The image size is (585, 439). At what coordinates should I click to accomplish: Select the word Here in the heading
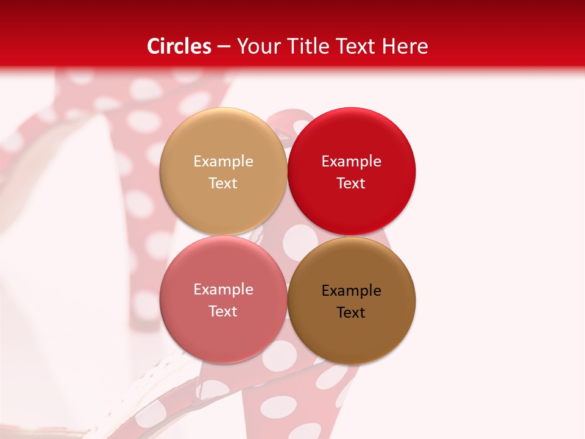click(x=404, y=46)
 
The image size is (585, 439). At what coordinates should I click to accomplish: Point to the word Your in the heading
click(x=257, y=46)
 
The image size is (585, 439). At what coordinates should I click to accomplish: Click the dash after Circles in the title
click(x=224, y=47)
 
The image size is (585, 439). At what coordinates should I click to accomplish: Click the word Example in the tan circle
click(x=223, y=162)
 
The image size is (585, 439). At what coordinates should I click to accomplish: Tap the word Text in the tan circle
click(x=223, y=184)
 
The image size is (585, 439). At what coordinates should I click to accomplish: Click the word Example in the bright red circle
click(x=351, y=162)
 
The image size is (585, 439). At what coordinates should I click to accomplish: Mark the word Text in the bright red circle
click(x=351, y=184)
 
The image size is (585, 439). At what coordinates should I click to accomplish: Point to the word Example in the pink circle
click(x=223, y=290)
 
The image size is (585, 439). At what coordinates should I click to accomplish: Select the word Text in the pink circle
click(x=223, y=312)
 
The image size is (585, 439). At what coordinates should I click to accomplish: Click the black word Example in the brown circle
click(x=351, y=291)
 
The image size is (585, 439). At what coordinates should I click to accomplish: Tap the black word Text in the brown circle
click(x=351, y=313)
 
